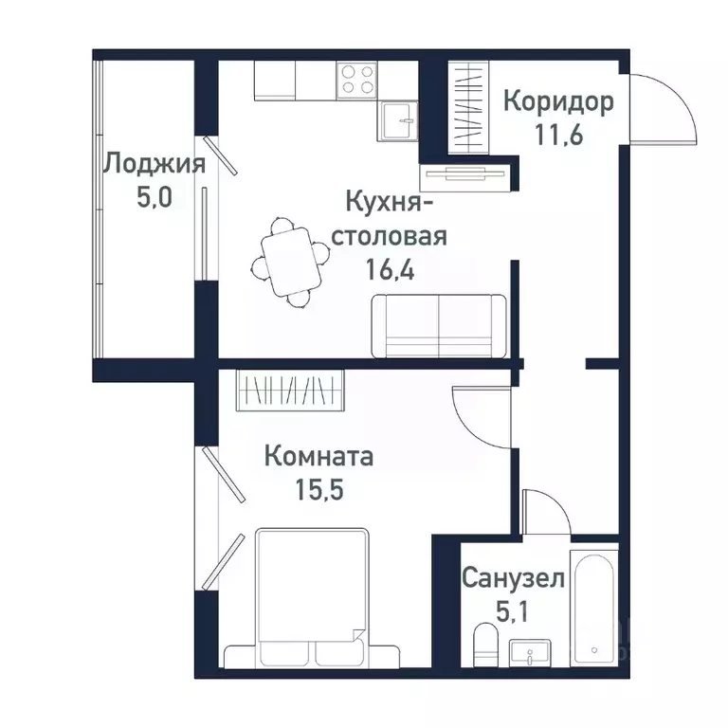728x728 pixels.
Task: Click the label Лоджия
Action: click(x=154, y=163)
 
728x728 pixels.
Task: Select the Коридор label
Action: click(x=557, y=100)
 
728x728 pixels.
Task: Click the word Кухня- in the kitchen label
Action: click(x=390, y=202)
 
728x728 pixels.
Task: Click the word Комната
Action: click(x=318, y=457)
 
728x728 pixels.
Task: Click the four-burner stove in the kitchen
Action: click(x=356, y=79)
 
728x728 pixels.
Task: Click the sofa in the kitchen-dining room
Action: click(x=439, y=325)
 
